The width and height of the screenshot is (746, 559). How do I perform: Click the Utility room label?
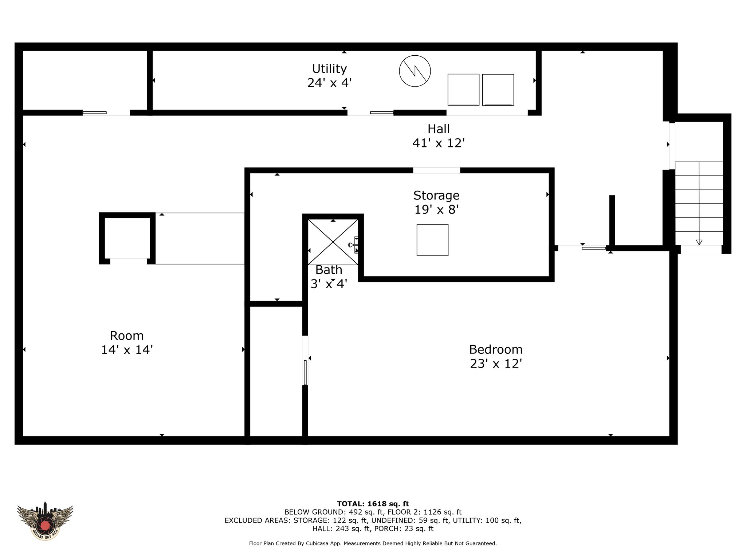(x=329, y=68)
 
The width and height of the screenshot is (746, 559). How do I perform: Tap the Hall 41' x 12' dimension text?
(x=439, y=143)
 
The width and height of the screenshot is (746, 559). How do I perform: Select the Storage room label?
(x=436, y=195)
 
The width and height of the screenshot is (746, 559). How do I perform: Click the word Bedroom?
(x=496, y=349)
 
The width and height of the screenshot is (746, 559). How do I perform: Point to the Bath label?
(x=329, y=270)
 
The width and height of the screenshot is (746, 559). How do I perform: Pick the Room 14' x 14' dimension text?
(x=127, y=350)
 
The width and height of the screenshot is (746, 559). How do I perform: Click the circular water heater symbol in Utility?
(x=415, y=71)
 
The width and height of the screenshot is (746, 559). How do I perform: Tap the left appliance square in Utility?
(x=463, y=90)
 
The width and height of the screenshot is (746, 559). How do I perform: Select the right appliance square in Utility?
(x=498, y=90)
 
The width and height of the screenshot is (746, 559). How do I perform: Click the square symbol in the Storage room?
(x=432, y=240)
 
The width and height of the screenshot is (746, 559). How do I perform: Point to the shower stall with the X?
(x=333, y=242)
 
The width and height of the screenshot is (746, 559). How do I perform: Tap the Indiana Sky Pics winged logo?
(x=45, y=521)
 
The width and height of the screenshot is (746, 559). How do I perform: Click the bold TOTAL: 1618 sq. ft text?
(x=373, y=504)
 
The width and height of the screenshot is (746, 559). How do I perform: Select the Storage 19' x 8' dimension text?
(x=436, y=210)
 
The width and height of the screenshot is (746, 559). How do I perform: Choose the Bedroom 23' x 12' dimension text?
(x=496, y=364)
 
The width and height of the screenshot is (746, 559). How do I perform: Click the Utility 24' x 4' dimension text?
(x=329, y=83)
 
